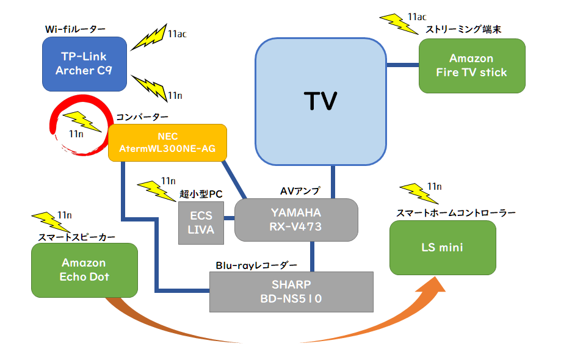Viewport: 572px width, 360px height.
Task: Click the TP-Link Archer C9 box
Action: [85, 63]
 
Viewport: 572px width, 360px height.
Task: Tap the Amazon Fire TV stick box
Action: [471, 65]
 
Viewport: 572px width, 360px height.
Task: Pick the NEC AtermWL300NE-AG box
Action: [167, 143]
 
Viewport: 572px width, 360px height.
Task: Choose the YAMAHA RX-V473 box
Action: [296, 220]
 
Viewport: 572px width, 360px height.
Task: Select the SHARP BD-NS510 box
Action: [291, 292]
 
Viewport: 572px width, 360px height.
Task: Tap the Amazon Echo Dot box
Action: [84, 269]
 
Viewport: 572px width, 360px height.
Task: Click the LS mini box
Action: [442, 247]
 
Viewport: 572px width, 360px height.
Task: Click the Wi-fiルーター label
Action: [75, 29]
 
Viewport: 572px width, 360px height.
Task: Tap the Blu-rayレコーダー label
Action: [256, 265]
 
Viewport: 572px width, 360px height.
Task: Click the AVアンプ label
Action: [300, 191]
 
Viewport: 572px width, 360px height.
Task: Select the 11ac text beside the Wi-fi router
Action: [176, 34]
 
